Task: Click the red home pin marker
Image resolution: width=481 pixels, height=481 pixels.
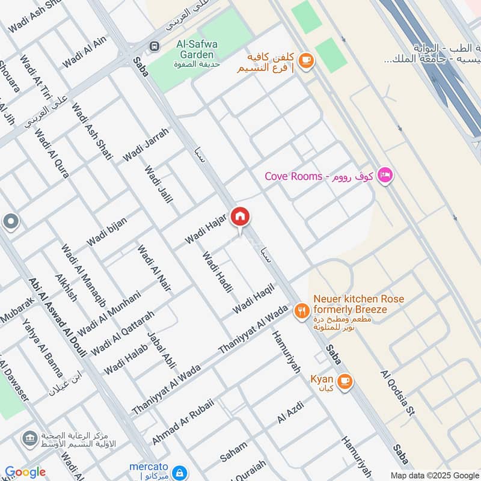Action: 240,217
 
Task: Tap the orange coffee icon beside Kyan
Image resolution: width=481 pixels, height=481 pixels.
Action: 345,381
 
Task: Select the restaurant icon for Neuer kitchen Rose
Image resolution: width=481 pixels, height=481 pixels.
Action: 301,311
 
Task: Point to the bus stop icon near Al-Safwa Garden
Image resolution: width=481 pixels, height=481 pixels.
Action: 155,46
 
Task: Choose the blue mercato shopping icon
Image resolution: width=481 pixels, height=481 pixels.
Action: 178,472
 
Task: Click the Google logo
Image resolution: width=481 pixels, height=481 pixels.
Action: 25,472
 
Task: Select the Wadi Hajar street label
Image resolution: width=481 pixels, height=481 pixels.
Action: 205,228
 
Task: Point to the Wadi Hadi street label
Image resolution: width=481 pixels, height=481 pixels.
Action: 217,272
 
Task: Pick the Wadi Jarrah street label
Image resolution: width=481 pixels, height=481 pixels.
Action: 146,144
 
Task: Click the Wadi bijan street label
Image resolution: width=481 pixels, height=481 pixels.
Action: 107,231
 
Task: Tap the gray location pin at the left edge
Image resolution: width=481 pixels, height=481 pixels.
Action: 10,222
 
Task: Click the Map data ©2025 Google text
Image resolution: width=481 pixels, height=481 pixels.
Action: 432,474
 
